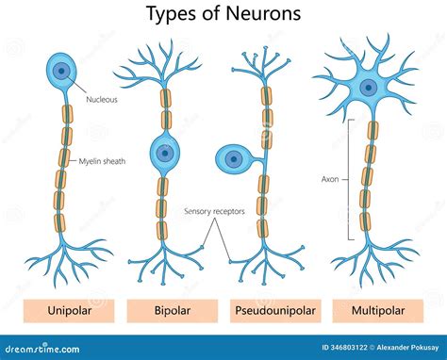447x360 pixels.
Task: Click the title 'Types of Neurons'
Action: [x=223, y=14]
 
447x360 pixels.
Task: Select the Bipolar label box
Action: [x=172, y=310]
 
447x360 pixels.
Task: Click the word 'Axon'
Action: [x=330, y=178]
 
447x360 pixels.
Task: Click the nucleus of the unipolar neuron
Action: [x=63, y=70]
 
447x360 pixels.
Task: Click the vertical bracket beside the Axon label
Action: [x=352, y=178]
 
